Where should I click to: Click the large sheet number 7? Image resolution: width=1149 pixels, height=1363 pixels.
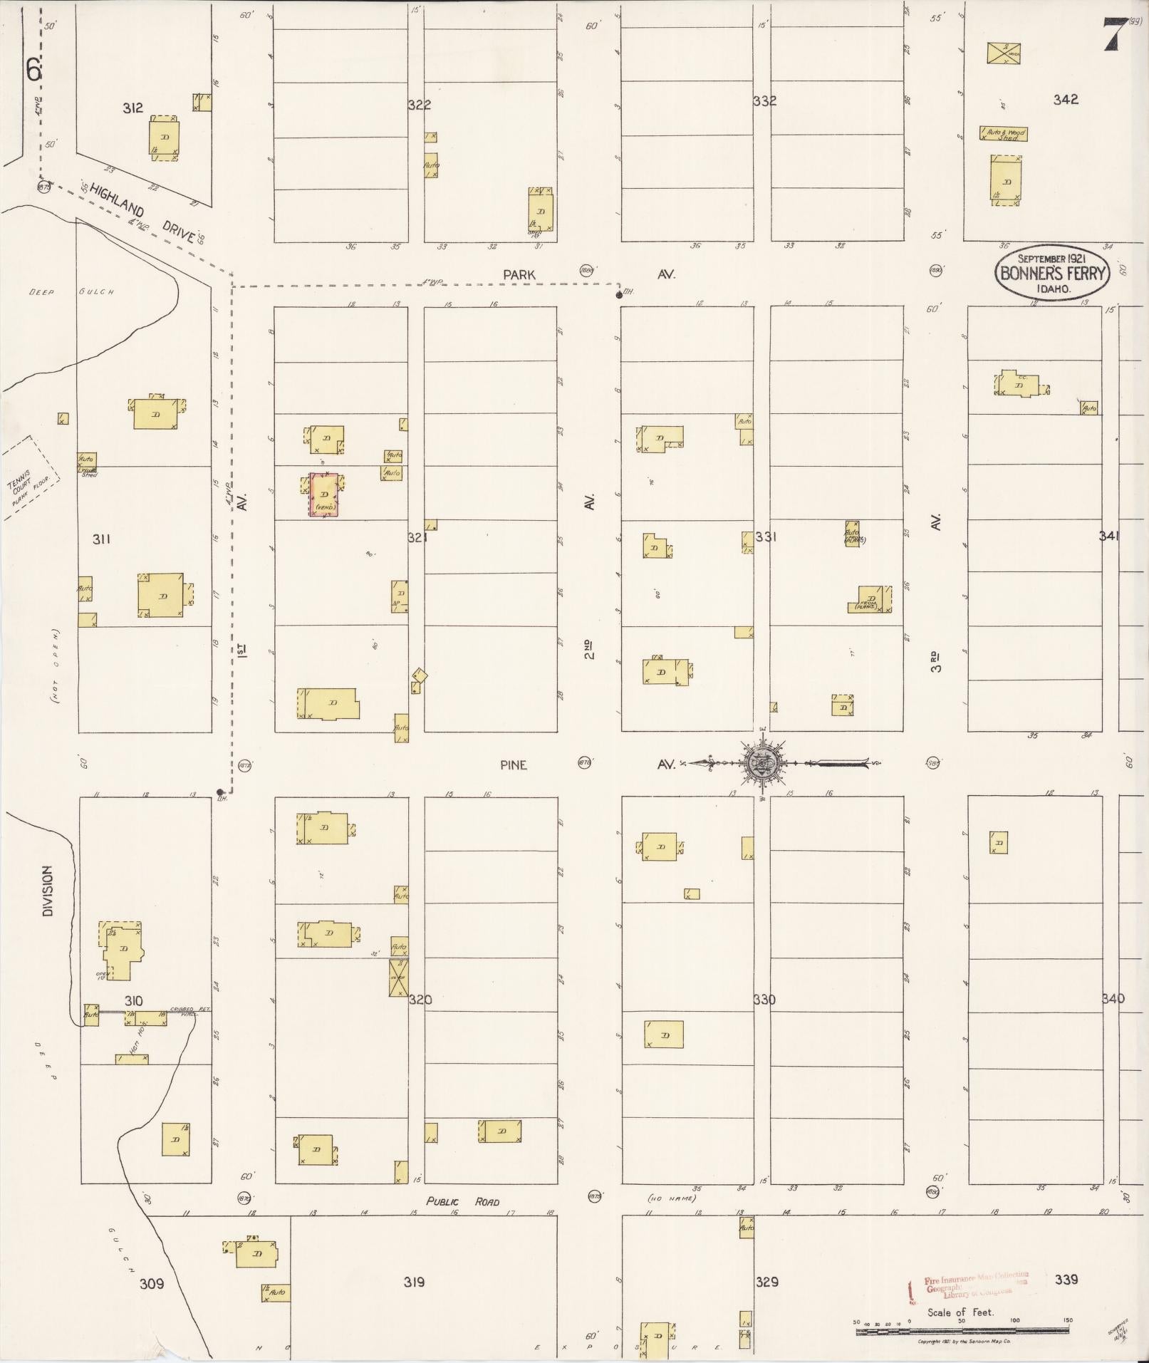1116,34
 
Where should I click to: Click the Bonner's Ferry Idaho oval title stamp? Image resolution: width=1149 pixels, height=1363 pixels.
1053,272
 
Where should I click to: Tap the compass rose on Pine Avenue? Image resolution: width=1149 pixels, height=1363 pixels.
763,763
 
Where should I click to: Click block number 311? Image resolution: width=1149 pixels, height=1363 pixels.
101,539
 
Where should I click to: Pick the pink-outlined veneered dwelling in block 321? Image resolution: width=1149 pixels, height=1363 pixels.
323,494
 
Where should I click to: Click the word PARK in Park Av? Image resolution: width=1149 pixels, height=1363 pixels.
519,274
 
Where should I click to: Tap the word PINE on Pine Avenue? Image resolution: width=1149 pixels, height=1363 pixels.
513,765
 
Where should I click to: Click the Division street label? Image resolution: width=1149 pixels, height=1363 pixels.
47,891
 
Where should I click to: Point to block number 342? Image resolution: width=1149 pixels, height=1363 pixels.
1066,100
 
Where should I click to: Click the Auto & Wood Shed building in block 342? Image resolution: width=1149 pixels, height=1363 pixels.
1004,134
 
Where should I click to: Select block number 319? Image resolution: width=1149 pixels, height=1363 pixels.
414,1282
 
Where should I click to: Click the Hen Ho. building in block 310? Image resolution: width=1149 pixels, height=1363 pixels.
132,1058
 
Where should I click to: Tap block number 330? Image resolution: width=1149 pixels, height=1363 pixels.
764,999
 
